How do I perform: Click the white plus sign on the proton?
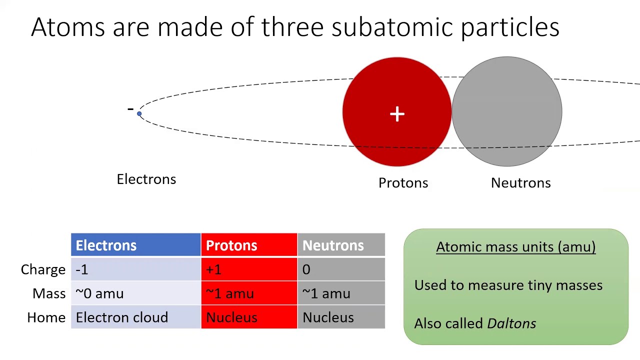point(397,114)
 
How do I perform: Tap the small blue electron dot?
point(139,114)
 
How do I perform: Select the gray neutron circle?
point(507,111)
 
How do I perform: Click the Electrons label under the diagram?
point(146,179)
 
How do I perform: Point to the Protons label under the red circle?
point(403,183)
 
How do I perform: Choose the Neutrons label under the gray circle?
point(520,183)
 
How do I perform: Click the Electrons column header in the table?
point(106,245)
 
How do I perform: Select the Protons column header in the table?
point(231,245)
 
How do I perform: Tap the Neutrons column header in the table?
point(333,245)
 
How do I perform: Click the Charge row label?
point(43,269)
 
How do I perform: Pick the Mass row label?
point(49,293)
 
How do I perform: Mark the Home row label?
point(46,317)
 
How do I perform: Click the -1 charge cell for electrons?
point(82,269)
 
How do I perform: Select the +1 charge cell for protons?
point(213,269)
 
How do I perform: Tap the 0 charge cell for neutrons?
point(306,269)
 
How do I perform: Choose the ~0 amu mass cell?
point(99,293)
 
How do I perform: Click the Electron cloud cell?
point(121,317)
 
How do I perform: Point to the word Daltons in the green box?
point(511,323)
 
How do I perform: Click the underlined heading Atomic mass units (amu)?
point(515,247)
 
